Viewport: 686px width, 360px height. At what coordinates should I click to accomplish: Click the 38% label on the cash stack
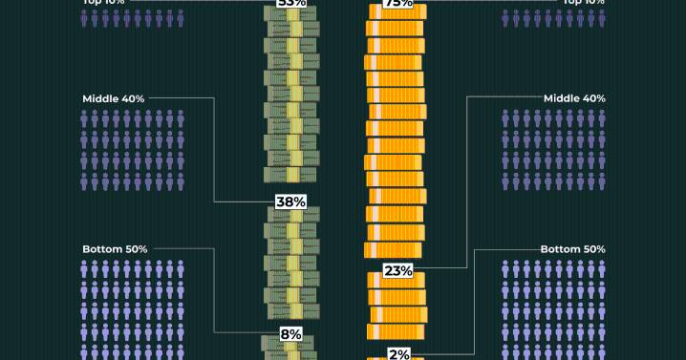290,201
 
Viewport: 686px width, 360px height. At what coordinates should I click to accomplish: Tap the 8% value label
290,334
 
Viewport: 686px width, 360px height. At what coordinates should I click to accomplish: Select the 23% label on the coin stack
397,270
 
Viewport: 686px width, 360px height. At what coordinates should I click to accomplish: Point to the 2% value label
398,353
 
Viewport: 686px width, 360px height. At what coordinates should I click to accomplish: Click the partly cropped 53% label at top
290,4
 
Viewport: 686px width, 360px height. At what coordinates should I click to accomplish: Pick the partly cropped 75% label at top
397,4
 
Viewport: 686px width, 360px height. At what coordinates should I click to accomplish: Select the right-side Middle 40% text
574,98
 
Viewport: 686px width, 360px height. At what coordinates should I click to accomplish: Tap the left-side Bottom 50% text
115,249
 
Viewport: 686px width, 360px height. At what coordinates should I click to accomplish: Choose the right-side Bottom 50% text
573,249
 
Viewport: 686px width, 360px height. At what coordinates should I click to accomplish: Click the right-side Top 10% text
585,3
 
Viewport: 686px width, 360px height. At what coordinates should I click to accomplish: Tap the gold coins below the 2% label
397,358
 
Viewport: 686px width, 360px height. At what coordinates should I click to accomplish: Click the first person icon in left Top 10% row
85,18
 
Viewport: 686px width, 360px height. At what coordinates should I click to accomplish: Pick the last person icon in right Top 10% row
602,18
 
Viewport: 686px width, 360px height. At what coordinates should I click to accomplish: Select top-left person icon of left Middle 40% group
85,118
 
